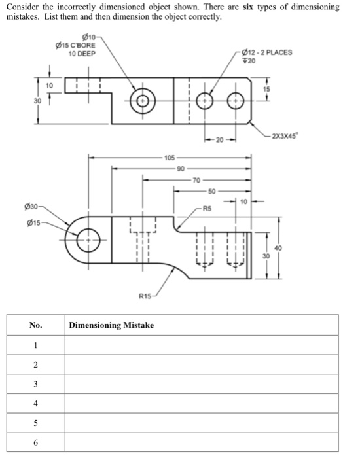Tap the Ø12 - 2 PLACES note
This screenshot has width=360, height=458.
(x=267, y=52)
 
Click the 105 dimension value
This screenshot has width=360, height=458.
(x=170, y=158)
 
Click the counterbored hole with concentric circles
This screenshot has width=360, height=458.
(x=141, y=101)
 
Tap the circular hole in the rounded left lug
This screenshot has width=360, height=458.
(x=90, y=240)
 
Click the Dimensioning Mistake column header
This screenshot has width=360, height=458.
(x=111, y=325)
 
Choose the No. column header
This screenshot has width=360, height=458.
(x=35, y=325)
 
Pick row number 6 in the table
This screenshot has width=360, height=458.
(x=35, y=442)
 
